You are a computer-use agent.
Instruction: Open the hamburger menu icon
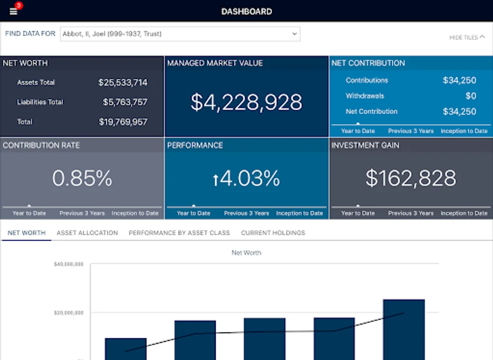click(14, 11)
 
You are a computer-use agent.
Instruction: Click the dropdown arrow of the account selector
click(295, 34)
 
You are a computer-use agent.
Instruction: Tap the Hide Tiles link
click(467, 37)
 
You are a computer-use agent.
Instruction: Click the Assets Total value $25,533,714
click(123, 83)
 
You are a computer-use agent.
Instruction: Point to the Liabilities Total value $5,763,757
click(125, 102)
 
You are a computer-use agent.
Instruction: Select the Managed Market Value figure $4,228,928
click(246, 102)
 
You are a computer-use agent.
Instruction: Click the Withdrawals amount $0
click(471, 96)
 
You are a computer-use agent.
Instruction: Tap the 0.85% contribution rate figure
click(82, 178)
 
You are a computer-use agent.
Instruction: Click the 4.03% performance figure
click(246, 178)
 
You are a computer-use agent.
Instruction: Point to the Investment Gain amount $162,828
click(411, 178)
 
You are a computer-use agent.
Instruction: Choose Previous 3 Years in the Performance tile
click(246, 213)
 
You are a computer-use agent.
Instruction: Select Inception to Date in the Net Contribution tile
click(464, 131)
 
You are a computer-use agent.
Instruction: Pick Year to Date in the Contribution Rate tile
click(29, 213)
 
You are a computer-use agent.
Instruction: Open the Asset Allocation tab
click(87, 233)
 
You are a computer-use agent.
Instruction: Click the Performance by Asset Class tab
click(179, 233)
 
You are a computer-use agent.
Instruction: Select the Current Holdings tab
click(273, 233)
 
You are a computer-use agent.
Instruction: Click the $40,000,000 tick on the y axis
click(68, 264)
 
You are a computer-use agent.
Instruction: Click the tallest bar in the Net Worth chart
click(404, 330)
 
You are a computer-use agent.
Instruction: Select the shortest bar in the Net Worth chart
click(126, 349)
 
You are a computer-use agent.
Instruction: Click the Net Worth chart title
click(246, 253)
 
